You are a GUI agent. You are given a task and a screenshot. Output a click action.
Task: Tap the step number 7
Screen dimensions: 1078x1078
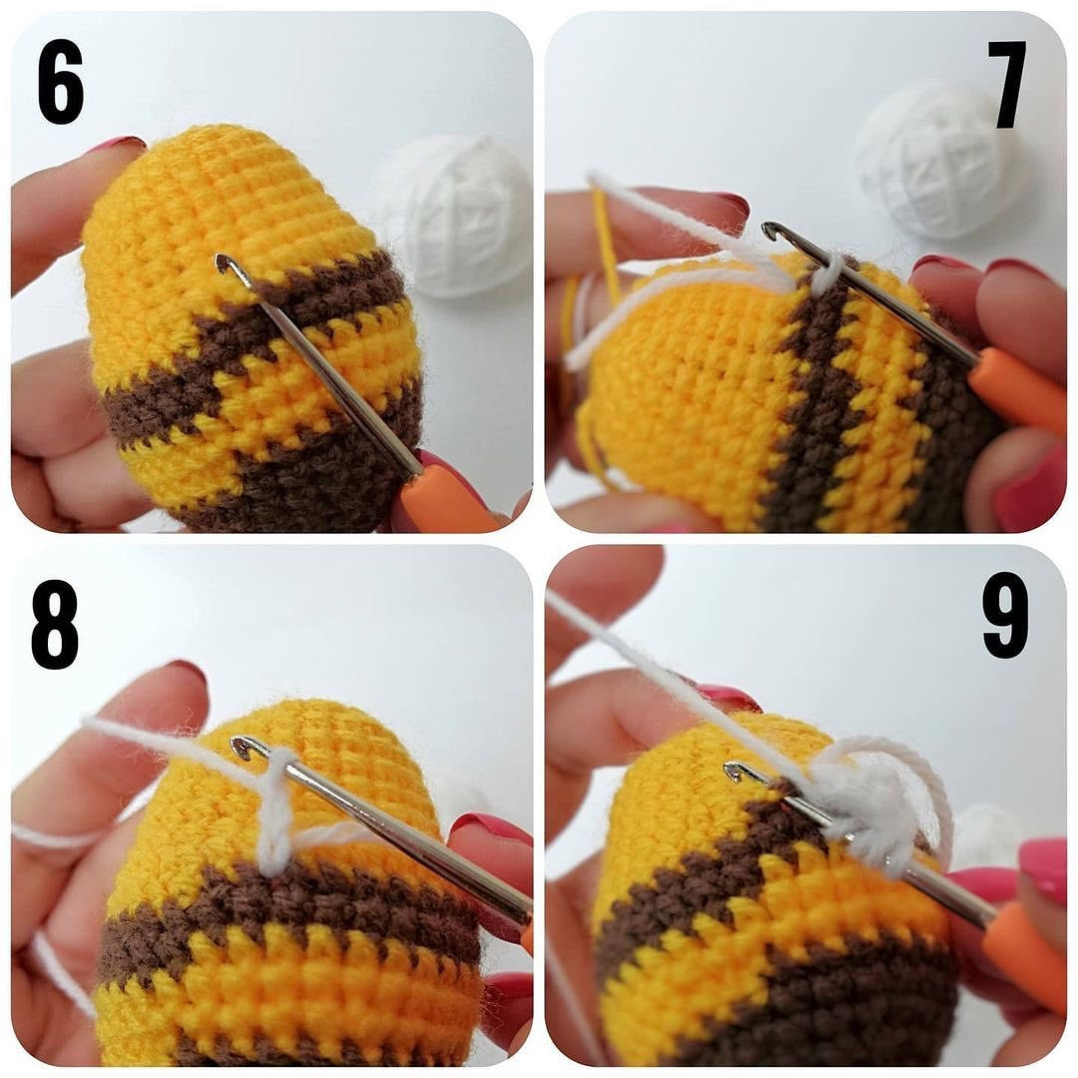click(x=1009, y=84)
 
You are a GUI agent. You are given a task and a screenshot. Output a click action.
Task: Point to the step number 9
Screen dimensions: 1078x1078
click(x=1004, y=613)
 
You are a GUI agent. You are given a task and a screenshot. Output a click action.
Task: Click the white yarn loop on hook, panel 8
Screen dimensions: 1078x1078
click(x=276, y=808)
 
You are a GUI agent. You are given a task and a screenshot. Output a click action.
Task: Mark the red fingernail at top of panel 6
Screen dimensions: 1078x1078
click(x=115, y=145)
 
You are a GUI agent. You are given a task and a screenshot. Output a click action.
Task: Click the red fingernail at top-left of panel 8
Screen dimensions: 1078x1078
click(x=185, y=672)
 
